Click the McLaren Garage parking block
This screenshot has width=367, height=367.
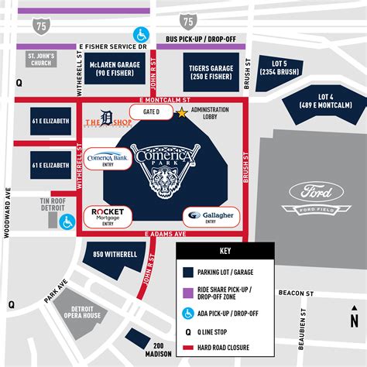point(114,68)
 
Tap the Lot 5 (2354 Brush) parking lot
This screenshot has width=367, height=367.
point(280,68)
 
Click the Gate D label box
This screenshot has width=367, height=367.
point(151,112)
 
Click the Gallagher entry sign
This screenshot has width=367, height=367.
point(209,216)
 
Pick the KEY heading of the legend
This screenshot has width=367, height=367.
point(225,252)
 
